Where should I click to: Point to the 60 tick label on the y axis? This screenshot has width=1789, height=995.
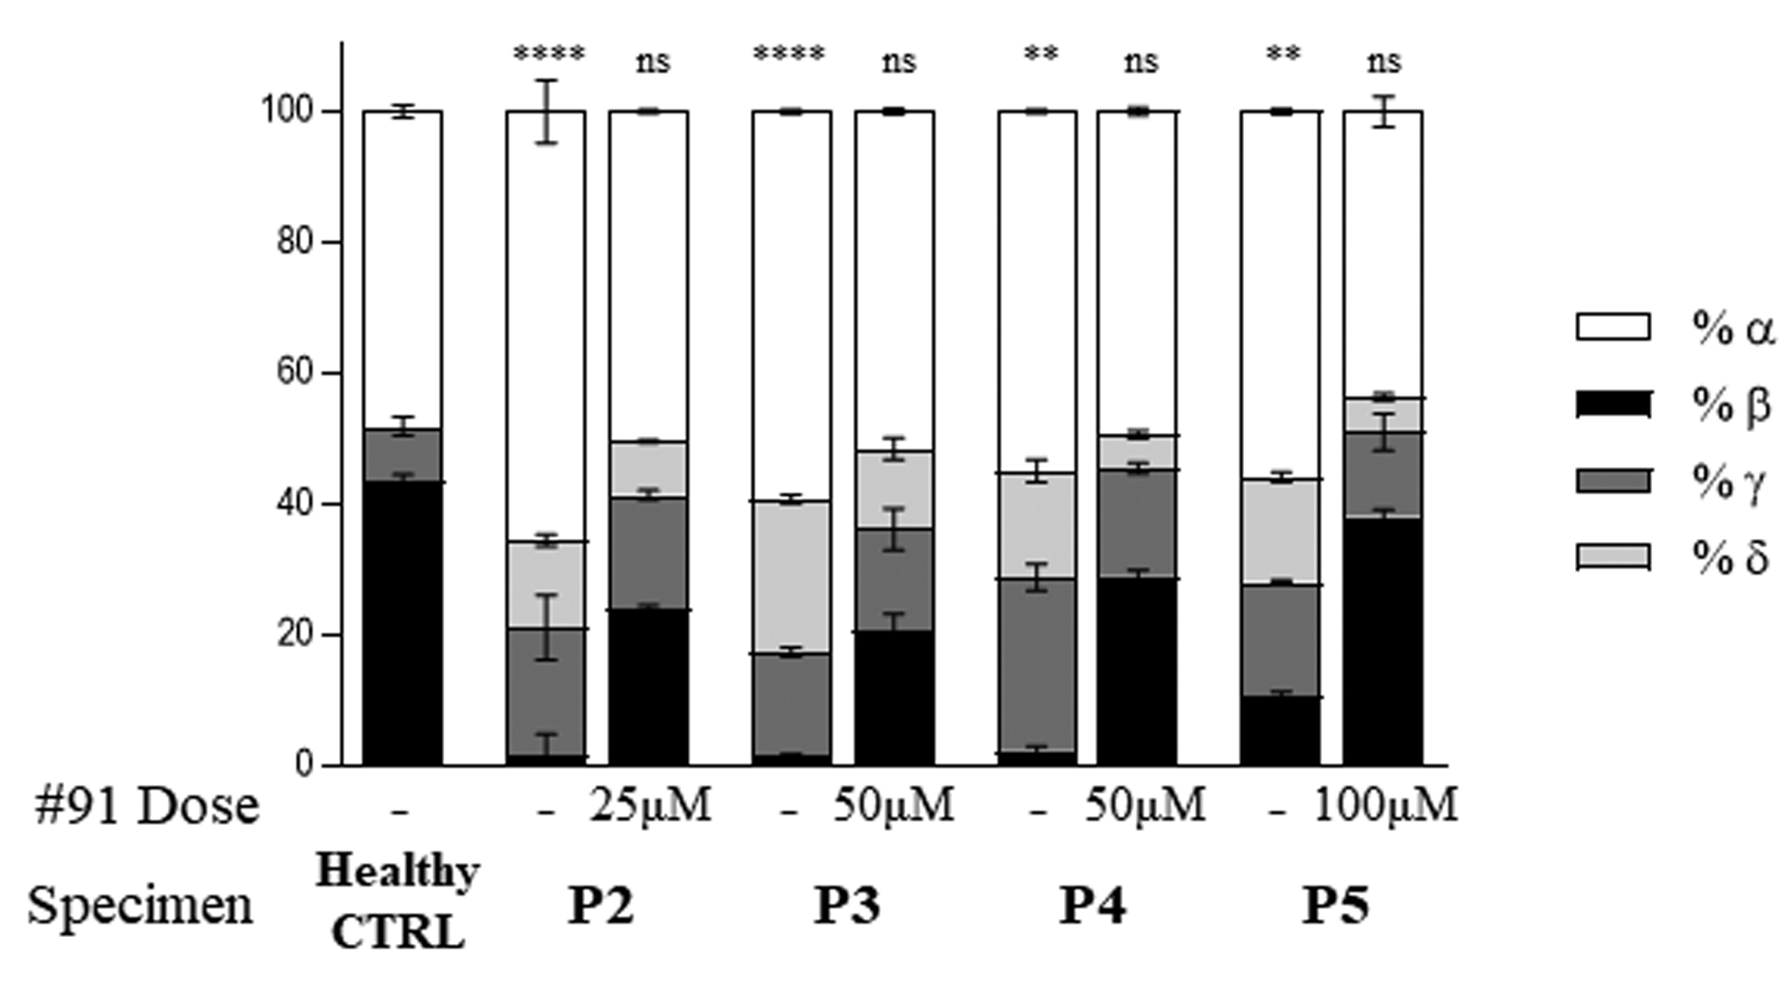[x=298, y=373]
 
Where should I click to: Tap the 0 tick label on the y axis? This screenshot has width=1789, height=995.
[x=304, y=765]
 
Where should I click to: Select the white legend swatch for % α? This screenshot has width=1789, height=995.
[x=1613, y=326]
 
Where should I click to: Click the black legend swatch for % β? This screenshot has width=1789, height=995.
[x=1613, y=404]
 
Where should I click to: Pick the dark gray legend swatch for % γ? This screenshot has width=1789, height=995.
[x=1613, y=481]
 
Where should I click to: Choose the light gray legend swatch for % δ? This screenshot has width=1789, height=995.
[x=1613, y=557]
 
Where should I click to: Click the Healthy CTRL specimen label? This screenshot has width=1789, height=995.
[x=398, y=901]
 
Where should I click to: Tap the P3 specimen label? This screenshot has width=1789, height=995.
[x=847, y=905]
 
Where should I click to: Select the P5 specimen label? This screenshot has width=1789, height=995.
[x=1335, y=905]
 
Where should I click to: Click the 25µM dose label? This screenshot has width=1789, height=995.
[x=650, y=806]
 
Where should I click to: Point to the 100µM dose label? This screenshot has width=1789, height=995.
[x=1385, y=806]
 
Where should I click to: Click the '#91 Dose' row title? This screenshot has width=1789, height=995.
[x=147, y=806]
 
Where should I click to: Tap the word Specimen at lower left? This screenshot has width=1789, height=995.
[x=140, y=905]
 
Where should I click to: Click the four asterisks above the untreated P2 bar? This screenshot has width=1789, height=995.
[x=549, y=54]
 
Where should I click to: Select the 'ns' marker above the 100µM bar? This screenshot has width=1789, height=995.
[x=1383, y=62]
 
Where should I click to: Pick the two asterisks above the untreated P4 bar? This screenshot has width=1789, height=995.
[x=1040, y=54]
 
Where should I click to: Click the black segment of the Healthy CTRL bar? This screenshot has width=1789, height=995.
[x=403, y=622]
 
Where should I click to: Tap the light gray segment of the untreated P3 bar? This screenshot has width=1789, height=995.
[x=792, y=577]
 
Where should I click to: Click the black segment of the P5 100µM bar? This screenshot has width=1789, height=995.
[x=1383, y=642]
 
